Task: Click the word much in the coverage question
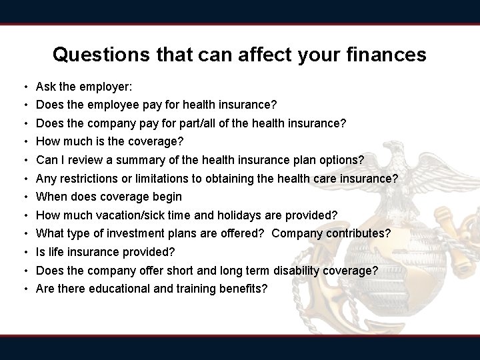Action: click(78, 141)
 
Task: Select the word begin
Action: click(167, 197)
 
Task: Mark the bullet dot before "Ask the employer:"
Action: click(24, 87)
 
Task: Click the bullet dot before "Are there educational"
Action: click(24, 289)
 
